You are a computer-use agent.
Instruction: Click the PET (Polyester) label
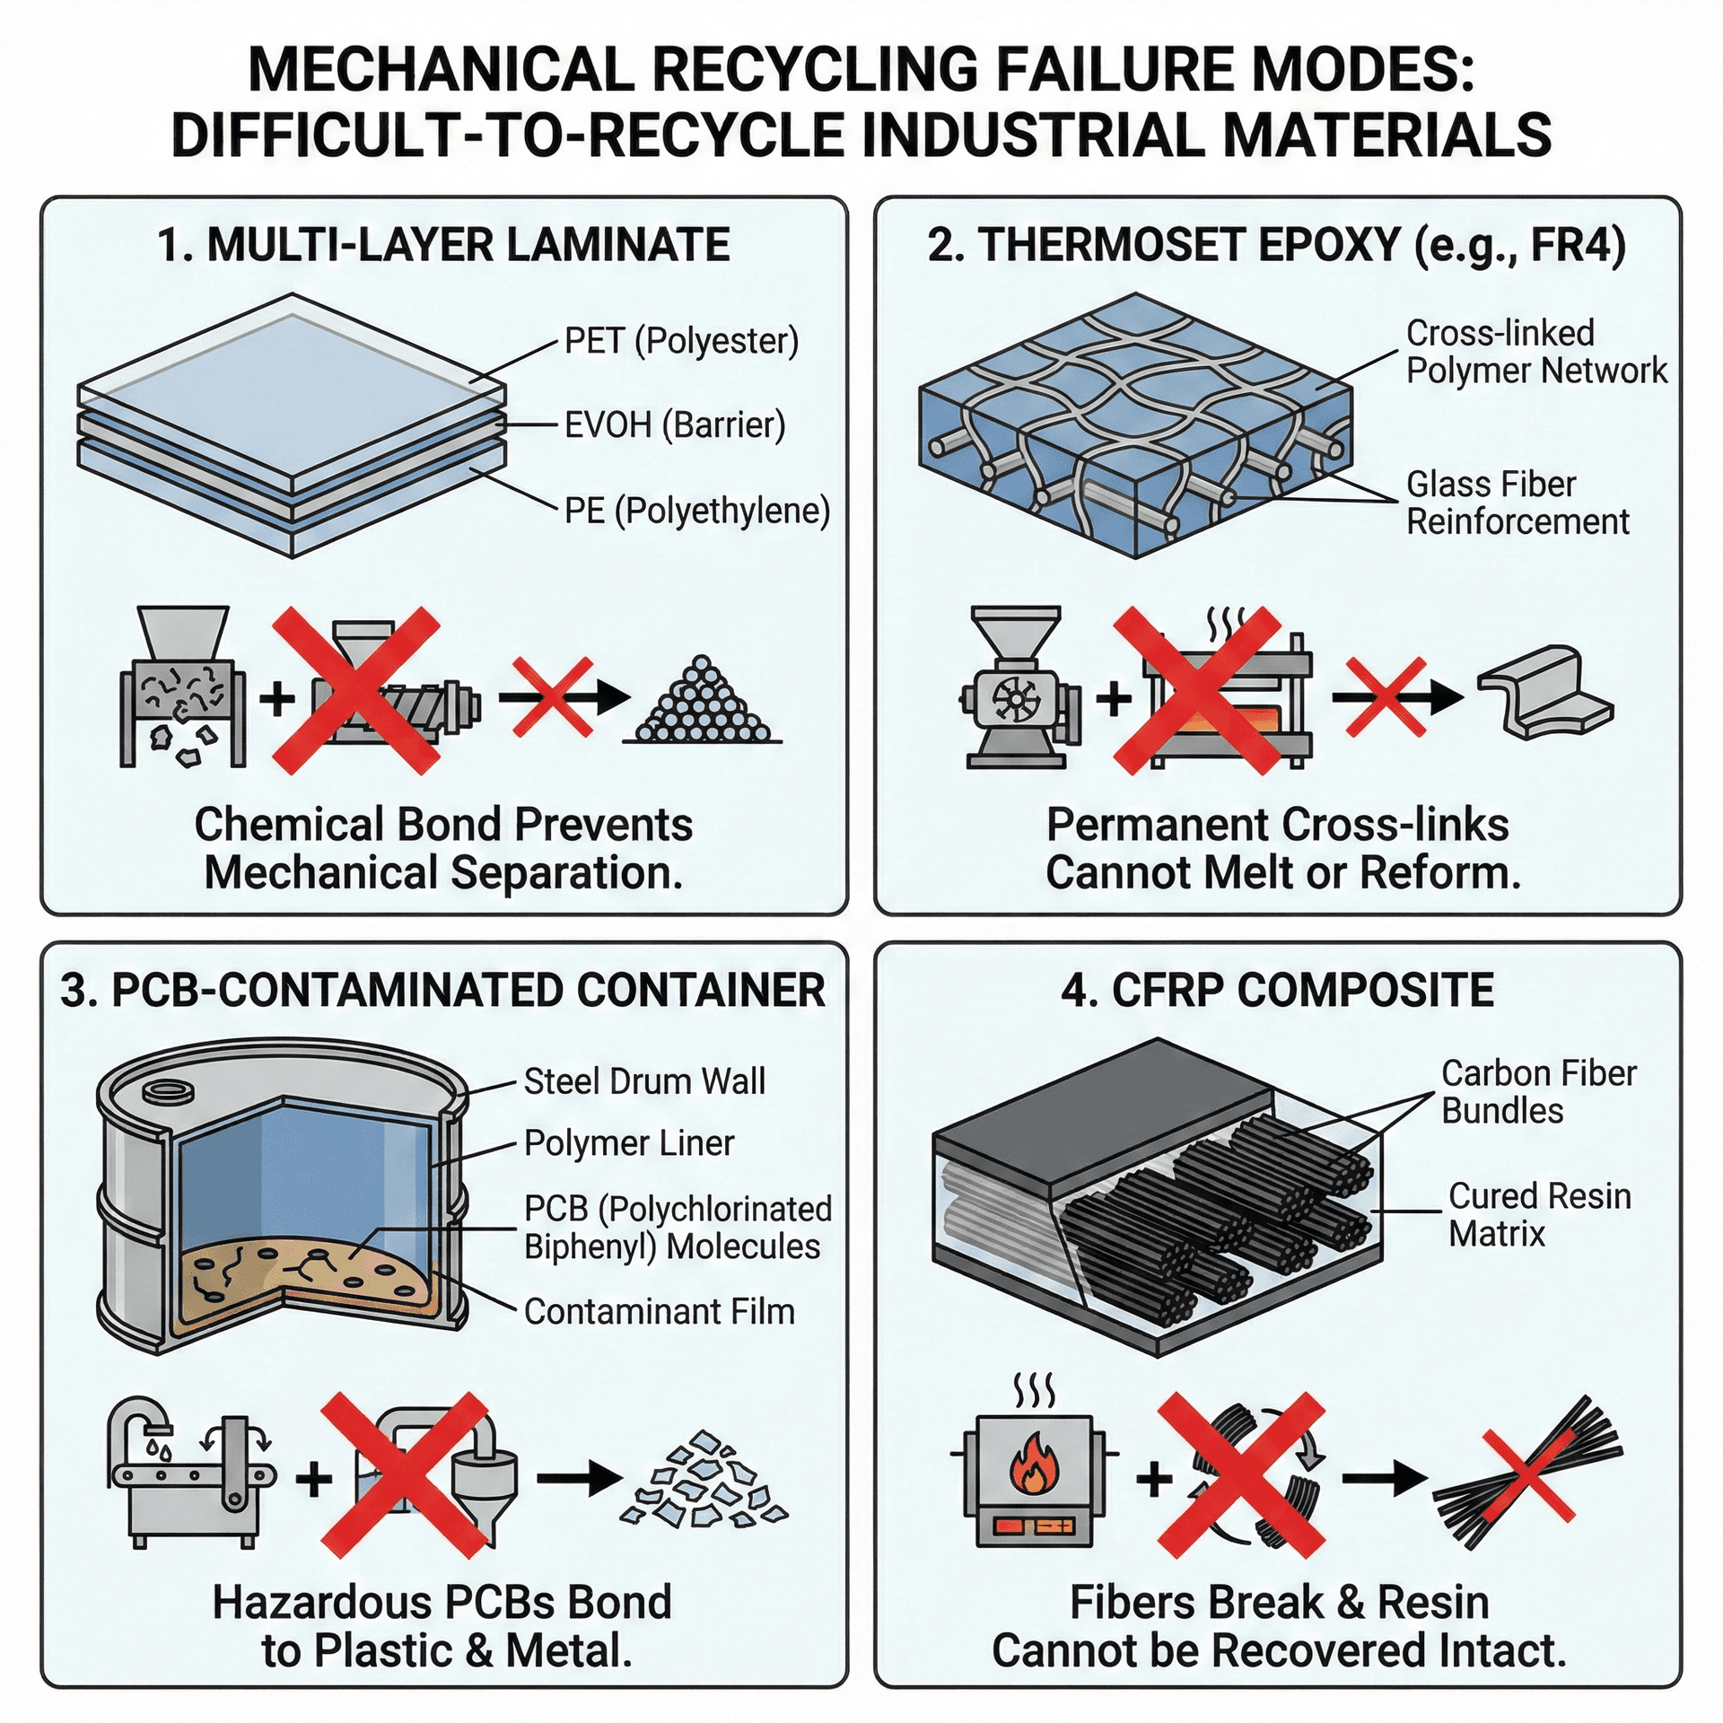coord(681,341)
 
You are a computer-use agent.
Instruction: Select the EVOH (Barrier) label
coord(674,424)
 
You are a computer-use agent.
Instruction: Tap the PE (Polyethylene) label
coord(696,511)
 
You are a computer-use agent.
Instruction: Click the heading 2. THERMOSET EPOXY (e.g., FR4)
coord(1276,245)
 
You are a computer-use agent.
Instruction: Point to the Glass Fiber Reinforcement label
coord(1517,503)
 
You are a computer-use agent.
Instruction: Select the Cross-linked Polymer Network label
coord(1535,352)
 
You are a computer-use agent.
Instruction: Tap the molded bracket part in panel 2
coord(1545,692)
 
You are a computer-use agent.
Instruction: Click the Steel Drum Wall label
coord(644,1081)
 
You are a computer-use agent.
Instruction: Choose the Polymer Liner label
coord(628,1143)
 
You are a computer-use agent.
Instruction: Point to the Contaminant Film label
coord(659,1312)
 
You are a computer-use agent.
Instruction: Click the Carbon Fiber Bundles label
coord(1538,1092)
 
